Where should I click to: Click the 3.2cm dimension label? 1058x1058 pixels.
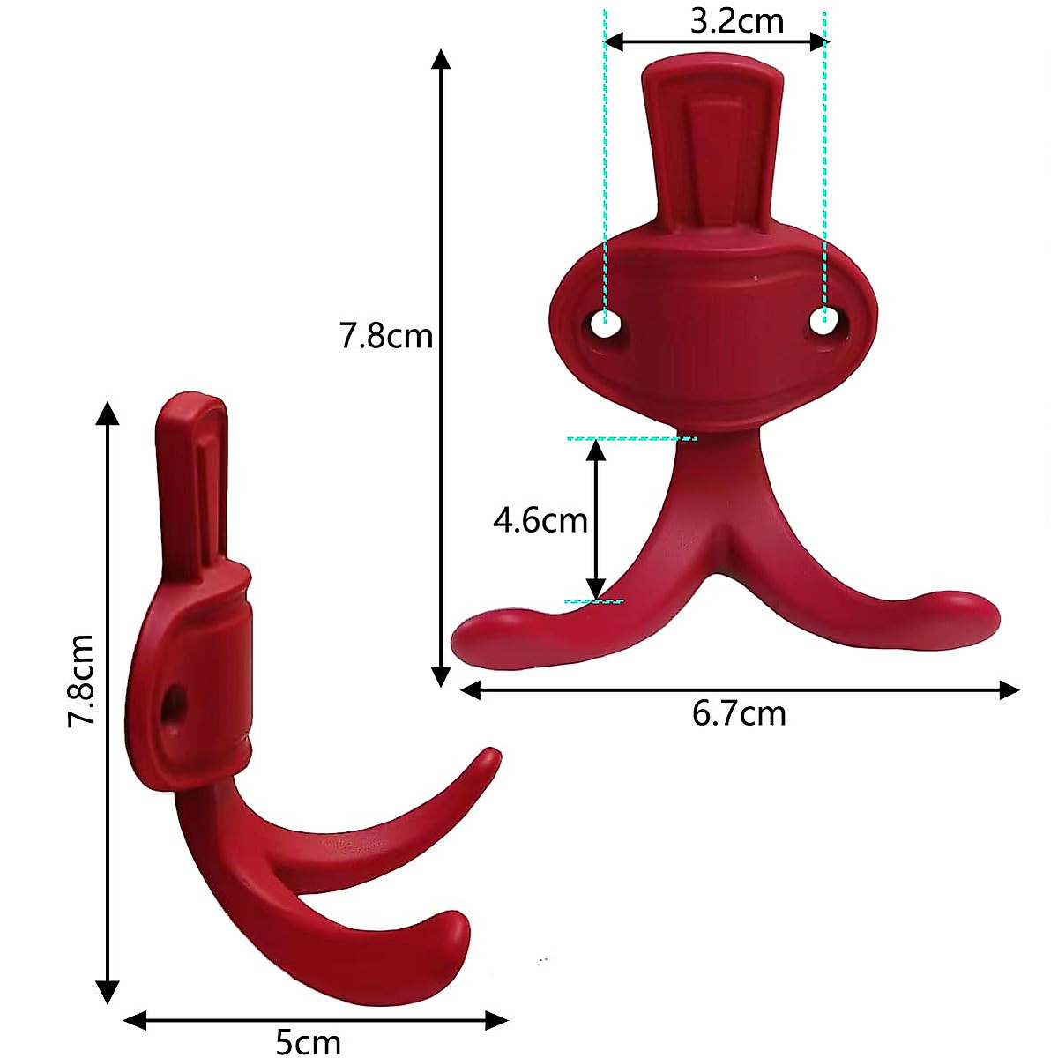pyautogui.click(x=736, y=20)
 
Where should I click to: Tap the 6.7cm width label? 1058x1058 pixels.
pyautogui.click(x=739, y=712)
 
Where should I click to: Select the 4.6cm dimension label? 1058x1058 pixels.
pyautogui.click(x=540, y=520)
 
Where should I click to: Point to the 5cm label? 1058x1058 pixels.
pyautogui.click(x=308, y=1042)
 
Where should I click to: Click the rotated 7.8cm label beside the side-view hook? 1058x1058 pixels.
pyautogui.click(x=82, y=680)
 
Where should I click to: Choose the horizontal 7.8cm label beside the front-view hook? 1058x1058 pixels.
pyautogui.click(x=386, y=336)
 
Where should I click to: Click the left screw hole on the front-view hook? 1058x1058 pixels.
pyautogui.click(x=604, y=324)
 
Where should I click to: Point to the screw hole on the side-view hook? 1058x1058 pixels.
pyautogui.click(x=175, y=704)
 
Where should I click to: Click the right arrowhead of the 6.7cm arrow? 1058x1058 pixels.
pyautogui.click(x=1010, y=690)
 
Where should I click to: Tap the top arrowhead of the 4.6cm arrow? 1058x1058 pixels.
pyautogui.click(x=597, y=447)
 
